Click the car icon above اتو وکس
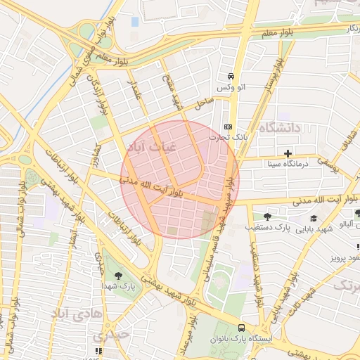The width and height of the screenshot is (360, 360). (x=230, y=76)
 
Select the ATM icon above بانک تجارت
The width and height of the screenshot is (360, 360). (x=227, y=127)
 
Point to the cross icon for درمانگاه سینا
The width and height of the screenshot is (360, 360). (x=287, y=153)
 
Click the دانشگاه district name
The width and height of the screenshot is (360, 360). (x=279, y=127)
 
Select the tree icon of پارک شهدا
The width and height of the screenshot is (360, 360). (x=117, y=276)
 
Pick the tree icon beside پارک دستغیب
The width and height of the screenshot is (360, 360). (x=267, y=216)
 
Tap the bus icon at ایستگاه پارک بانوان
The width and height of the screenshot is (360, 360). (x=242, y=327)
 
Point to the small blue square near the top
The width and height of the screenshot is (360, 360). (x=135, y=22)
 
